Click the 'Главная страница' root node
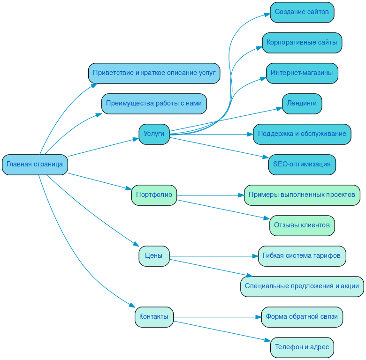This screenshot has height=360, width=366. (x=35, y=165)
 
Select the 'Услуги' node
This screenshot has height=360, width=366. (x=154, y=134)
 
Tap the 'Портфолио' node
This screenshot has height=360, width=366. (x=154, y=195)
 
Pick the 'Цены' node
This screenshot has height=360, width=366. (x=154, y=256)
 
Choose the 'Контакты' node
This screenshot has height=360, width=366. (x=154, y=317)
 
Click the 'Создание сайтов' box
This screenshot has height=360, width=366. (x=302, y=12)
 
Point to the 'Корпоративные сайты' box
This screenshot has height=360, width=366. (x=302, y=43)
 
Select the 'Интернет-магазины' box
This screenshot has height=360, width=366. (x=302, y=73)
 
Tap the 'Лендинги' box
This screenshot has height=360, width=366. (x=302, y=104)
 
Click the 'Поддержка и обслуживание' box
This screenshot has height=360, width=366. (x=302, y=134)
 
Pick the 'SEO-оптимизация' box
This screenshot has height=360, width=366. (x=302, y=165)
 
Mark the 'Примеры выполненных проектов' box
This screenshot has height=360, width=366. (x=302, y=195)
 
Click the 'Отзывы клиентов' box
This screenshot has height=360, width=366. (x=302, y=225)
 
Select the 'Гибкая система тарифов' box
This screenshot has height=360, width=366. (x=302, y=256)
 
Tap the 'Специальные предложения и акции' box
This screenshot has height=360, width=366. (x=302, y=286)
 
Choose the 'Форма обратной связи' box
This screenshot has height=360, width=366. (x=302, y=317)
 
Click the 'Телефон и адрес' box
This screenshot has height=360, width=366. (x=302, y=347)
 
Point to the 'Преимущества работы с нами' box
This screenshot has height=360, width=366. (x=154, y=104)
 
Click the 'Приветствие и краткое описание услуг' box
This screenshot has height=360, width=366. (x=154, y=73)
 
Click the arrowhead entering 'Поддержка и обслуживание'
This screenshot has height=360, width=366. (x=250, y=134)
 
